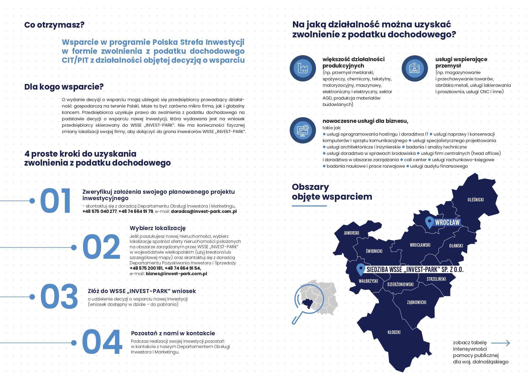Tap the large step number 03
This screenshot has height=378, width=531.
pos(59,296)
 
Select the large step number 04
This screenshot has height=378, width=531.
pos(102,342)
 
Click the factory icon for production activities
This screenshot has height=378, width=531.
pos(303,68)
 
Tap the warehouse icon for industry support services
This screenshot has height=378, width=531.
pos(414,68)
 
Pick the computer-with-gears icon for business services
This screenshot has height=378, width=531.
pos(303,130)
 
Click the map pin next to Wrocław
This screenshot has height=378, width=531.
pos(429,222)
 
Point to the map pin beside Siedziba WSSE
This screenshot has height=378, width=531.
pos(361,269)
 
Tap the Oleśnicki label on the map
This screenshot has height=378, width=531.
pos(476,200)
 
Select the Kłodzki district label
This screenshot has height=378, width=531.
pos(394,332)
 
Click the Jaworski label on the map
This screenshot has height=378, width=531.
pos(351,233)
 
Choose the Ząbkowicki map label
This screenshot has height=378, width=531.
pos(416,302)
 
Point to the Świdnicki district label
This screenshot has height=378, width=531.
pos(374,251)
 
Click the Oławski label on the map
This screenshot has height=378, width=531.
pos(456,246)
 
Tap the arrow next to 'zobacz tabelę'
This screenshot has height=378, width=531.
pos(500,343)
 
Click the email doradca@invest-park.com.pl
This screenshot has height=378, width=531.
pos(204,211)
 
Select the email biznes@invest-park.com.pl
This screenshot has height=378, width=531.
pos(176,274)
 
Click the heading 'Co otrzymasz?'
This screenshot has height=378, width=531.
pos(54,25)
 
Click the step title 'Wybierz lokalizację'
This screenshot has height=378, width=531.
pos(158,228)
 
